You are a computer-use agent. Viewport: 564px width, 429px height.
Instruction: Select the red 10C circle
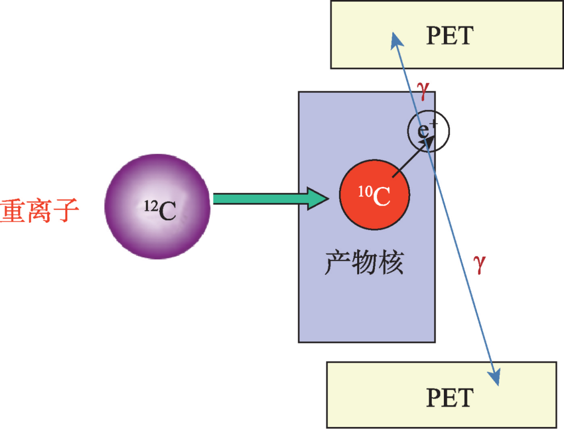(x=374, y=195)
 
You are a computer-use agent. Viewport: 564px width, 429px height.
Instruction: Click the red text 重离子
(x=39, y=211)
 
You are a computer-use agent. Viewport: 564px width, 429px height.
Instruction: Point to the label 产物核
(x=364, y=263)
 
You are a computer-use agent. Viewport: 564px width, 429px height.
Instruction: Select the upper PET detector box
(x=447, y=34)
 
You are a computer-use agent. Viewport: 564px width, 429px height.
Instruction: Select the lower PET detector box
(x=441, y=395)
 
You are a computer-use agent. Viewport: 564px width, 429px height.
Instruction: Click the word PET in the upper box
(x=450, y=35)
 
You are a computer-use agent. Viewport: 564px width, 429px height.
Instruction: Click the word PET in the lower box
(x=450, y=398)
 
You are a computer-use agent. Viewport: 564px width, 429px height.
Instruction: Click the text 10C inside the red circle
(x=374, y=196)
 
